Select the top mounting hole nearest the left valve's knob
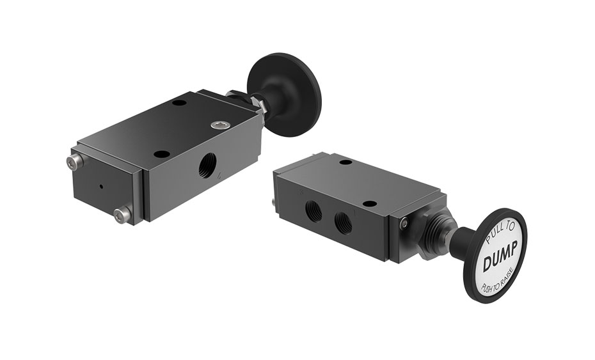pyautogui.click(x=179, y=102)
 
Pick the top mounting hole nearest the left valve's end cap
pyautogui.click(x=162, y=154)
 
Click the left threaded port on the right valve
pyautogui.click(x=313, y=208)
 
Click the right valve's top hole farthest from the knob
pyautogui.click(x=345, y=164)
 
